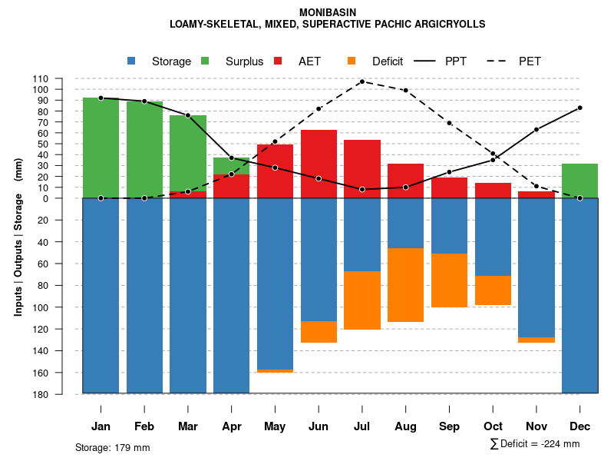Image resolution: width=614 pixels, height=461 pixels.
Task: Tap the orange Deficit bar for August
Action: pyautogui.click(x=405, y=285)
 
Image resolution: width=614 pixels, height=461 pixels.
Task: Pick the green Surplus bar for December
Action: pyautogui.click(x=579, y=181)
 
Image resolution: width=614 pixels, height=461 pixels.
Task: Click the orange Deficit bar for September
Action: pyautogui.click(x=449, y=280)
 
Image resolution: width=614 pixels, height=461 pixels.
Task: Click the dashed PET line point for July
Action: pyautogui.click(x=361, y=81)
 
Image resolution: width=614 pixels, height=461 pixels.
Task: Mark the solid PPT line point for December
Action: pyautogui.click(x=579, y=108)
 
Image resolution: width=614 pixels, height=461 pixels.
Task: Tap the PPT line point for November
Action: pyautogui.click(x=536, y=130)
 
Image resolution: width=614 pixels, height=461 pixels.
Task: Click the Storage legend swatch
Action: pyautogui.click(x=132, y=61)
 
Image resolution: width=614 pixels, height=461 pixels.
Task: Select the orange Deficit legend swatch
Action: pyautogui.click(x=352, y=61)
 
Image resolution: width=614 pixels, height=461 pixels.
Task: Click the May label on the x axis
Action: pyautogui.click(x=275, y=426)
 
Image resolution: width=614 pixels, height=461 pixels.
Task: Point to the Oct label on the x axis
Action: pyautogui.click(x=493, y=426)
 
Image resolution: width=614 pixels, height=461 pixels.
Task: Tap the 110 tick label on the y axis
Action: pyautogui.click(x=62, y=78)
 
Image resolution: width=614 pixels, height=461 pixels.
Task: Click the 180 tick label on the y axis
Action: pyautogui.click(x=62, y=394)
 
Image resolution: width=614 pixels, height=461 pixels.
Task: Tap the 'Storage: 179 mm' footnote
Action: pyautogui.click(x=113, y=447)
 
